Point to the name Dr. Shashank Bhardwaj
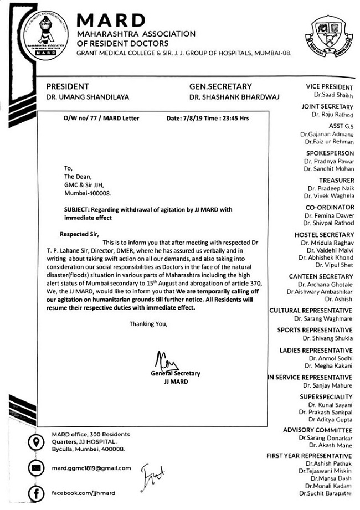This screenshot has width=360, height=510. point(234,97)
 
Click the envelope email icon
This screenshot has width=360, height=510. point(37,468)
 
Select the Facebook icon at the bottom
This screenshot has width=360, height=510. point(37,492)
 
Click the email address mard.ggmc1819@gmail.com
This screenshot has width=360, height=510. point(91,468)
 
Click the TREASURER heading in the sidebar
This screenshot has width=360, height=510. point(336,181)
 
